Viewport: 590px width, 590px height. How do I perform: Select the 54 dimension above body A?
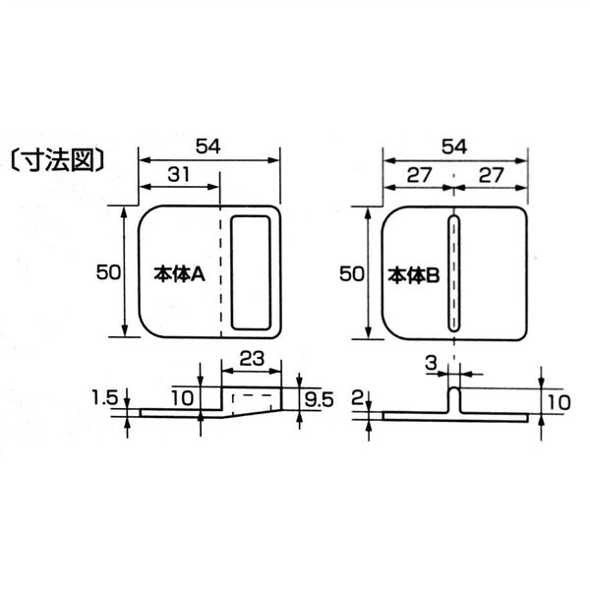[207, 147]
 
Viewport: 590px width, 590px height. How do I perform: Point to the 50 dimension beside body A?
[108, 272]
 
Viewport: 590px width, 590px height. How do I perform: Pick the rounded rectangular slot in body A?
[254, 271]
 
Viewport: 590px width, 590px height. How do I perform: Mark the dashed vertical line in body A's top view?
[219, 271]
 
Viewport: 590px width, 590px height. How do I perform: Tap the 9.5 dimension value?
[320, 398]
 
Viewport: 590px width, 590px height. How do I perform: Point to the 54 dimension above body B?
[453, 147]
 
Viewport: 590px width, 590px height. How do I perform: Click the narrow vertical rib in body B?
[453, 272]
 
